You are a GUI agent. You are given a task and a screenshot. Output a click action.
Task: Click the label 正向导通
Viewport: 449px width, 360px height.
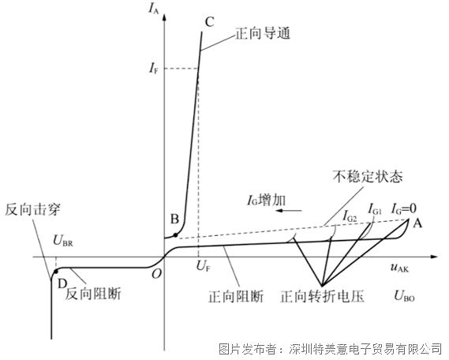point(263,33)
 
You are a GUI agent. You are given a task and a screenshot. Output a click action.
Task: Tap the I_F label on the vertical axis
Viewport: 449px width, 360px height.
point(153,68)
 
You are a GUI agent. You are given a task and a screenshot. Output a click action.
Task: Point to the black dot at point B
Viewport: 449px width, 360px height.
point(175,235)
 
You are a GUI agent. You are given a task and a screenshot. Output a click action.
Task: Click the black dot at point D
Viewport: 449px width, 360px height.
point(56,271)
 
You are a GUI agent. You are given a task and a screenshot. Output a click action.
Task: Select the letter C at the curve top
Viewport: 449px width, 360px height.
point(210,22)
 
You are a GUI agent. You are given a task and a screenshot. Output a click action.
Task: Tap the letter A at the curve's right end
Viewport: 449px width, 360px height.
point(417,223)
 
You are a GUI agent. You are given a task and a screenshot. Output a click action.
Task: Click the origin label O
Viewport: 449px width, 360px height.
point(156,274)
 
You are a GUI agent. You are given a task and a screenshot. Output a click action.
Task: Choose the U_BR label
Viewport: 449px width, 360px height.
point(63,241)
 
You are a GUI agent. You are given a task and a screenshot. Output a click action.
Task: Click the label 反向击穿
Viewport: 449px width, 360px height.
point(32,210)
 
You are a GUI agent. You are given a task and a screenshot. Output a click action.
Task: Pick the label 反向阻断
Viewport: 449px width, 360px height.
point(93,294)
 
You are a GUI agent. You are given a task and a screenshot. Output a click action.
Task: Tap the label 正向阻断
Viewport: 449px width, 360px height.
point(236,296)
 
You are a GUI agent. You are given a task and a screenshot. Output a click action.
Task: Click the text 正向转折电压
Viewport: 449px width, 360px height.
point(322,296)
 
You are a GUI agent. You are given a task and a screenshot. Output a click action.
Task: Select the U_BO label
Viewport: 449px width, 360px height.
point(404,295)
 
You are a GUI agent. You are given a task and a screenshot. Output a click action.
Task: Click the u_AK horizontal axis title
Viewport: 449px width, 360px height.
point(400,268)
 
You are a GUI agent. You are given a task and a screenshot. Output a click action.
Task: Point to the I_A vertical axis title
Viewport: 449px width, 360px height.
point(154,9)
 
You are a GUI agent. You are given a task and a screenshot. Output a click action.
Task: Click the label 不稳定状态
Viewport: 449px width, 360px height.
point(368,177)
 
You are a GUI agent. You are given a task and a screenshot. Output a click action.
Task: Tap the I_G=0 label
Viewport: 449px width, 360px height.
point(404,209)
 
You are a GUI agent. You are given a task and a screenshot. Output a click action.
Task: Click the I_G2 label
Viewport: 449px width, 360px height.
point(350,216)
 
